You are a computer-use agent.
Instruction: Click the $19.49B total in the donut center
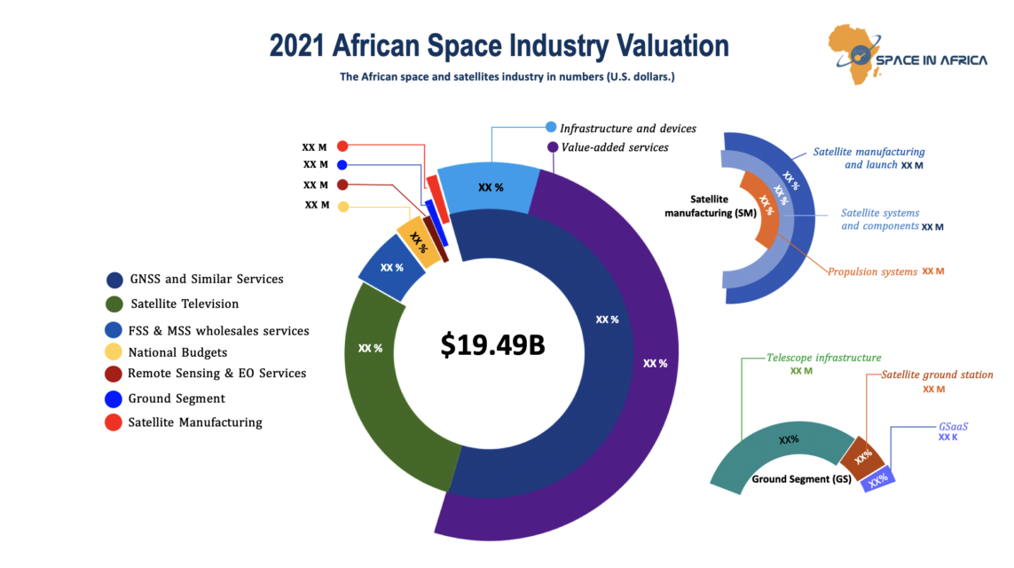(492, 345)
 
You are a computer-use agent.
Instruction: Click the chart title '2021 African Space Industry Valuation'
(499, 45)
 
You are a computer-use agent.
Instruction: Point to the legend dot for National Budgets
(114, 352)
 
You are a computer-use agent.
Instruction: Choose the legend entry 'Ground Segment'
(177, 398)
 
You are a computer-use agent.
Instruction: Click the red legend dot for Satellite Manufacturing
(114, 422)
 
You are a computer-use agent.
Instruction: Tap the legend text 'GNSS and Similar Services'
(207, 279)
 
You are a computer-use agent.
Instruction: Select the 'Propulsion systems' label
(872, 272)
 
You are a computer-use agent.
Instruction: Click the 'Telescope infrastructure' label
(824, 358)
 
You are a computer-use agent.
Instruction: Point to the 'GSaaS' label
(953, 426)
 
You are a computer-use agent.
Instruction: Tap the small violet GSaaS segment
(878, 480)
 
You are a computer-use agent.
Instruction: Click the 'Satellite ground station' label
(937, 375)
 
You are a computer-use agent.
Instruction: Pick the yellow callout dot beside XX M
(343, 207)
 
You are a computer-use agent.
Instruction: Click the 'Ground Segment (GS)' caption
(801, 479)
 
